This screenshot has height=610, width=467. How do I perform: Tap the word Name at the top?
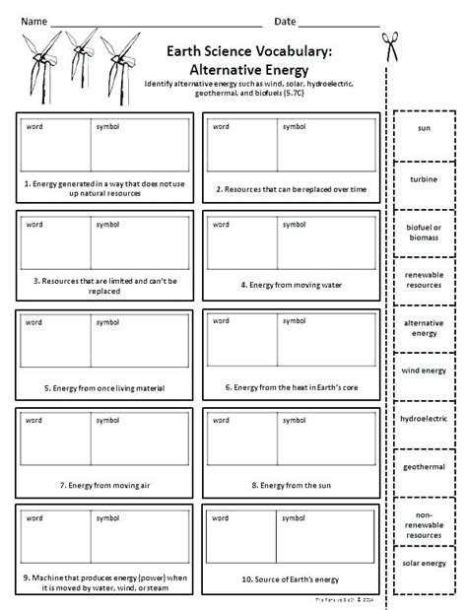(34, 20)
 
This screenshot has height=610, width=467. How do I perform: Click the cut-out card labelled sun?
(425, 129)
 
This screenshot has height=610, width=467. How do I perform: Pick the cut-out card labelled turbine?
(425, 178)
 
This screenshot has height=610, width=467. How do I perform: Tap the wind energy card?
(425, 373)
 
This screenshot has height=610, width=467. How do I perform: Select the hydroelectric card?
(425, 419)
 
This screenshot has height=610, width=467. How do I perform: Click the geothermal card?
(425, 466)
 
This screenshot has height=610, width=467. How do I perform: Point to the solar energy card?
(425, 562)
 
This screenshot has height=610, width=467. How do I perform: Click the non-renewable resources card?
(425, 520)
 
